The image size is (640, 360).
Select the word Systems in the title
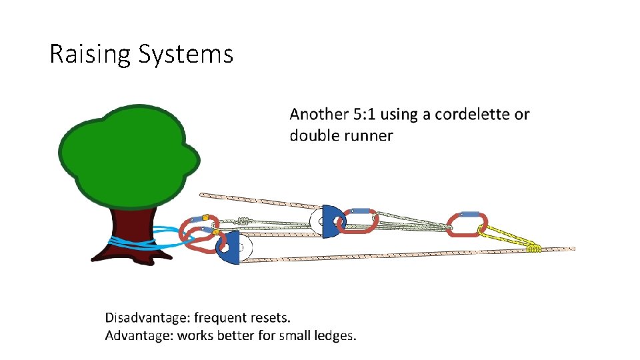pyautogui.click(x=186, y=54)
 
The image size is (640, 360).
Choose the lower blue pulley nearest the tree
pyautogui.click(x=231, y=248)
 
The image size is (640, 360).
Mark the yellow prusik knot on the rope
pyautogui.click(x=533, y=248)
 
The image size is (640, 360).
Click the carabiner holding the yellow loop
pyautogui.click(x=467, y=224)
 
